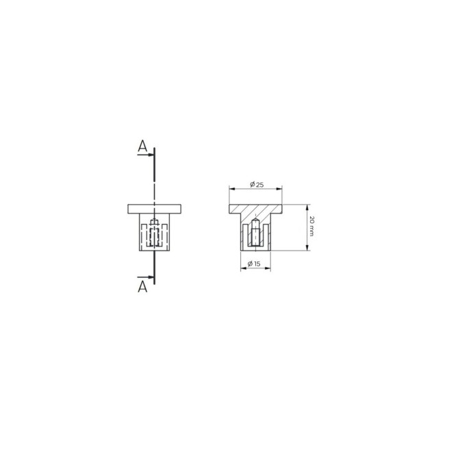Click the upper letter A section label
pos(142,146)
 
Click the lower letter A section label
pos(142,287)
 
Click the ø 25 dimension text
pos(257,185)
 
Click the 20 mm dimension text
pos(311,227)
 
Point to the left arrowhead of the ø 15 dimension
pos(242,268)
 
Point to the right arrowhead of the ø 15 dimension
pos(271,268)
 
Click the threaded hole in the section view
pos(256,233)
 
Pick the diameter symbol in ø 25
pos(252,185)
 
